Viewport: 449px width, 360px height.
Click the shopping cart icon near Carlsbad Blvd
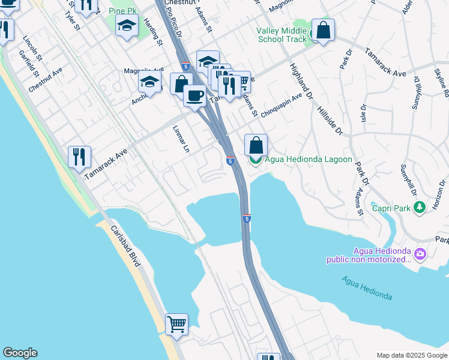pos(176,325)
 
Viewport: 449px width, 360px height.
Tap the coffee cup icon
pos(194,95)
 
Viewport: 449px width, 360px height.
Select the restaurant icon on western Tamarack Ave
pos(79,157)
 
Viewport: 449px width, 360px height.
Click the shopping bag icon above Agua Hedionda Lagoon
pos(256,145)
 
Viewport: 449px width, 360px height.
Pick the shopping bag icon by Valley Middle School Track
pos(323,30)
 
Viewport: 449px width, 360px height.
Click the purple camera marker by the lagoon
pos(420,254)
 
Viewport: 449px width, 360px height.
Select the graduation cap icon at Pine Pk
pos(127,26)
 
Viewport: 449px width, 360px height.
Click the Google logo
pos(20,353)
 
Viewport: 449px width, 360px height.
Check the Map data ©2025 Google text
pos(411,355)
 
